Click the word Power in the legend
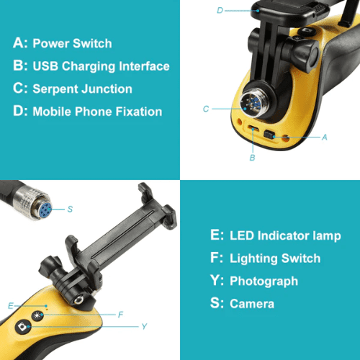click(x=51, y=43)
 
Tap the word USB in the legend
click(x=45, y=66)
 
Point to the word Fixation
click(x=139, y=112)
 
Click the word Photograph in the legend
click(x=264, y=282)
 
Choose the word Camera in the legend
click(x=252, y=304)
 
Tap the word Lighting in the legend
click(x=253, y=258)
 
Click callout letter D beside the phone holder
click(x=220, y=10)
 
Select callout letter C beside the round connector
click(x=206, y=109)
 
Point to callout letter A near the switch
click(x=325, y=138)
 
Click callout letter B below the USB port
click(x=252, y=158)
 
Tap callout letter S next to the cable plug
click(x=70, y=209)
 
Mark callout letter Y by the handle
click(x=144, y=326)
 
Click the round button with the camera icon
click(x=23, y=326)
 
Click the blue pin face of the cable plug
click(x=45, y=210)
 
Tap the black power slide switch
click(x=269, y=135)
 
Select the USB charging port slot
click(x=253, y=128)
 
